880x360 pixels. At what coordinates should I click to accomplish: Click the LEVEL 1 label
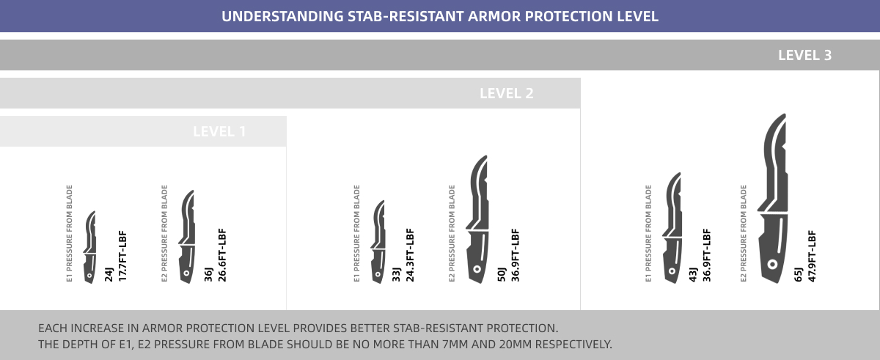click(x=219, y=131)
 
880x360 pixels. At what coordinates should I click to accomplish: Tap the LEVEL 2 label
click(x=507, y=93)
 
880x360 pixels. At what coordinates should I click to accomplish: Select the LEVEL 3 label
click(x=805, y=55)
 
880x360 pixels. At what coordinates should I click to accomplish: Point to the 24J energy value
click(x=109, y=274)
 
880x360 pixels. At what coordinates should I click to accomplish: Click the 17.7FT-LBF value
click(x=122, y=256)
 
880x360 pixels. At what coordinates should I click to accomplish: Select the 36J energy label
click(x=208, y=274)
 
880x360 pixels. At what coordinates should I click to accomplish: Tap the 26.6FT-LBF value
click(x=222, y=255)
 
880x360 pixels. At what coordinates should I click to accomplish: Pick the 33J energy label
click(x=396, y=274)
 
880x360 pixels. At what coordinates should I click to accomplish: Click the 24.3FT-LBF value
click(x=410, y=255)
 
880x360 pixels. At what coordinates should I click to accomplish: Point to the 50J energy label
click(x=502, y=274)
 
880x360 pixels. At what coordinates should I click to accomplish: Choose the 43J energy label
click(x=693, y=274)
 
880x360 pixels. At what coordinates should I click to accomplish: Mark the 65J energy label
click(x=799, y=274)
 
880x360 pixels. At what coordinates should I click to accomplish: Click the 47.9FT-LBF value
click(x=812, y=256)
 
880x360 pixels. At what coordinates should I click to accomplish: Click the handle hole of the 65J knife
click(x=772, y=264)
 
